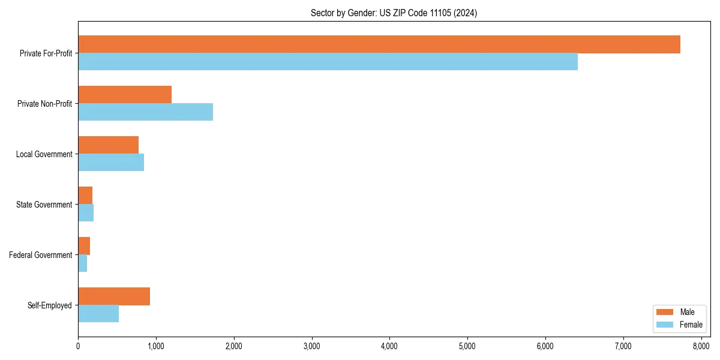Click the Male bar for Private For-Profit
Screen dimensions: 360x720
379,44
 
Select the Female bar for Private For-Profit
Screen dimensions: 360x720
328,62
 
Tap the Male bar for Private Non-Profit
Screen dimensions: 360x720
125,95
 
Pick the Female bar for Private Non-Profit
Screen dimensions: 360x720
145,112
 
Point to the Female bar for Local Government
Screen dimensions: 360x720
111,163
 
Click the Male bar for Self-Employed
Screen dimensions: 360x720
114,296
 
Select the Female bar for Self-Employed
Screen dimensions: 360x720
98,314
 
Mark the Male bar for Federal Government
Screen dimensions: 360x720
84,246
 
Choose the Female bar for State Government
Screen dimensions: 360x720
86,213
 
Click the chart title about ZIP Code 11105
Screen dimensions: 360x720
394,13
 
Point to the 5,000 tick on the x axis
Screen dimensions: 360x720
467,346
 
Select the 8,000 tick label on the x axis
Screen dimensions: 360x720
701,346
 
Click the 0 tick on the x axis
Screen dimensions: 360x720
78,346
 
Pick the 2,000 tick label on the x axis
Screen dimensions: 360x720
233,346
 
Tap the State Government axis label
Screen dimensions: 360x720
45,205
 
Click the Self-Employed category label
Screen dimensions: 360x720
50,305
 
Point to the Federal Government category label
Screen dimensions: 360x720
41,255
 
